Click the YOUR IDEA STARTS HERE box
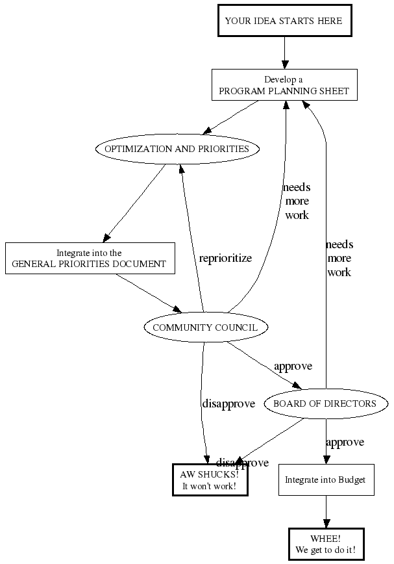(x=284, y=21)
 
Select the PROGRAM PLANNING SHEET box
(x=284, y=85)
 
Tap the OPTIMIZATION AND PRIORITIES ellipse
(x=177, y=149)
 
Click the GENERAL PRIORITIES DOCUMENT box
(x=90, y=258)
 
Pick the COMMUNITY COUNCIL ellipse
(x=205, y=327)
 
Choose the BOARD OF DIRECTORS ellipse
(x=325, y=404)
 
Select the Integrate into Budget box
(x=326, y=480)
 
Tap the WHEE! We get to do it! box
(x=326, y=545)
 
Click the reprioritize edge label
(x=225, y=258)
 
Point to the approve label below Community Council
(x=293, y=366)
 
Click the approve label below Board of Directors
(x=345, y=442)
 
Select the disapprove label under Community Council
(x=228, y=404)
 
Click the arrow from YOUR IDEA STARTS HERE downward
(x=284, y=52)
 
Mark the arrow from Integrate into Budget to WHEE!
(x=326, y=512)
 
